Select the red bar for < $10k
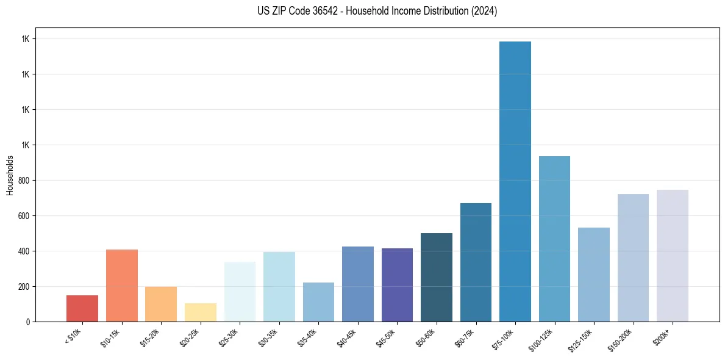(x=82, y=308)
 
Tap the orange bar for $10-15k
(x=122, y=286)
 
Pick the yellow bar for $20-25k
(x=201, y=312)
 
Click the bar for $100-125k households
(x=554, y=239)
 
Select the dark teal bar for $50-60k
(x=437, y=277)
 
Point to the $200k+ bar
(x=673, y=256)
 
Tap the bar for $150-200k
(x=633, y=257)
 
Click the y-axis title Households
(x=10, y=175)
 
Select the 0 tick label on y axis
(x=27, y=322)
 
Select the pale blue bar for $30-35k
(x=279, y=287)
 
